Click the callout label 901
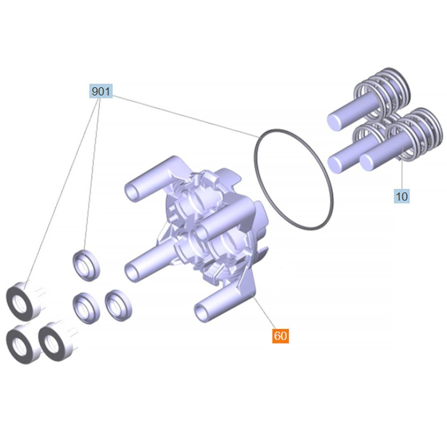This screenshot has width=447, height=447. pos(101,91)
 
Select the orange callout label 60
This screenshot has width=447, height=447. pos(281,336)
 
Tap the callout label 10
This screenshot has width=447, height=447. pos(402,196)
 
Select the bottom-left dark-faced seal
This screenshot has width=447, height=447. pos(22,344)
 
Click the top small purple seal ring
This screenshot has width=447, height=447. pos(86,265)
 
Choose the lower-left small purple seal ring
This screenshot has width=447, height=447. pos(86,308)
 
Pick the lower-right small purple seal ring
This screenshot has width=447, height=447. pos(118,305)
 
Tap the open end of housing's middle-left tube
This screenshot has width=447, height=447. pos(132,272)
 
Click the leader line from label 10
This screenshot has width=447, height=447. pos(402,168)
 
